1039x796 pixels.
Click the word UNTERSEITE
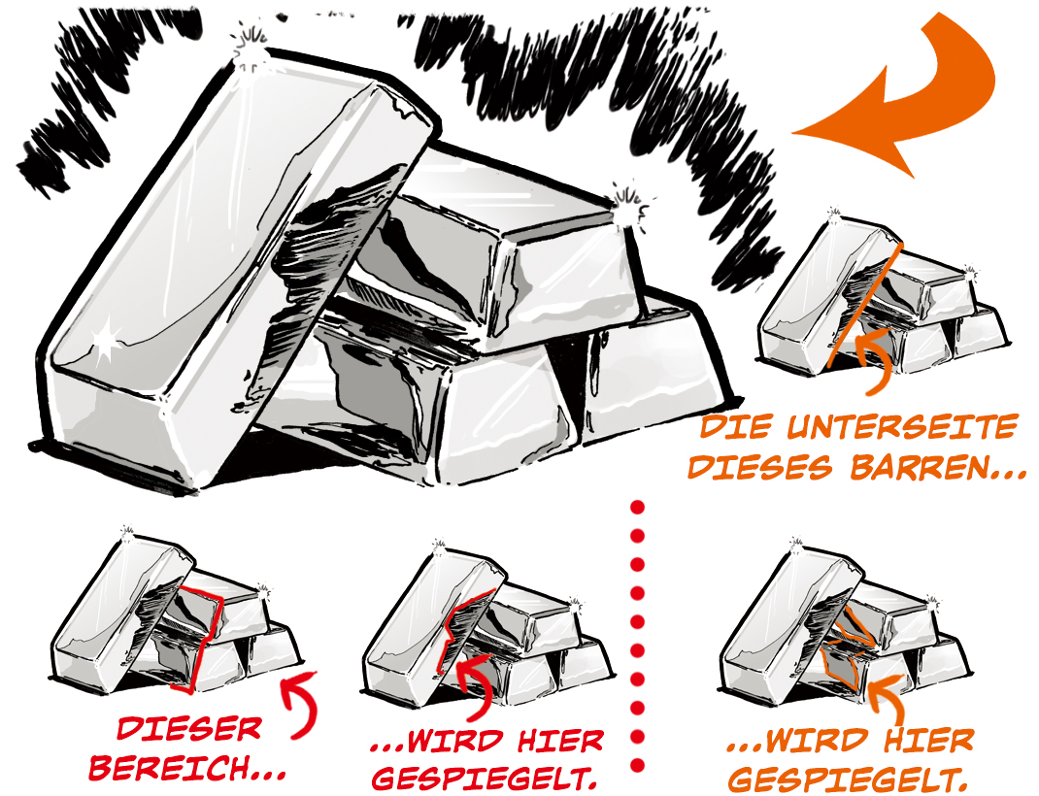[902, 427]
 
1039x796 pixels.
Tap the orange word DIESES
[760, 467]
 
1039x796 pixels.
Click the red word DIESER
[189, 728]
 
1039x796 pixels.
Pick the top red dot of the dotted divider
[637, 508]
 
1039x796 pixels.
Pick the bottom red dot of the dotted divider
[637, 766]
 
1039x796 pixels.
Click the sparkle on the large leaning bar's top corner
[251, 47]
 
